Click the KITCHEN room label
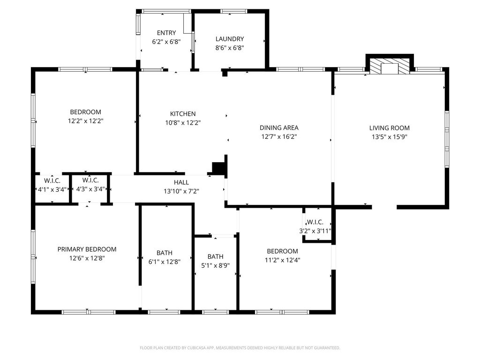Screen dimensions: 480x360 pyautogui.click(x=183, y=114)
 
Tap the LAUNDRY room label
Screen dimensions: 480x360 pyautogui.click(x=230, y=39)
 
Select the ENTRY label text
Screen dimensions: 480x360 pyautogui.click(x=166, y=33)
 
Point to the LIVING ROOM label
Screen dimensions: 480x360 pyautogui.click(x=389, y=128)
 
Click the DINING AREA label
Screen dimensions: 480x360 pyautogui.click(x=279, y=127)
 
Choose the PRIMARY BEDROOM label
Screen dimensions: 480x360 pyautogui.click(x=87, y=249)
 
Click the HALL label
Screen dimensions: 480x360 pyautogui.click(x=181, y=182)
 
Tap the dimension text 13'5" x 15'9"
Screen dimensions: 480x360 pyautogui.click(x=389, y=137)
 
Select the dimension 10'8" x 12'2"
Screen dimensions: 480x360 pyautogui.click(x=183, y=123)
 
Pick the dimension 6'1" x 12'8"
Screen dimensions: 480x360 pyautogui.click(x=165, y=262)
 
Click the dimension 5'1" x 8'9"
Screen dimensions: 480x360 pyautogui.click(x=215, y=265)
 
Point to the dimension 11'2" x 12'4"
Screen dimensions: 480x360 pyautogui.click(x=282, y=260)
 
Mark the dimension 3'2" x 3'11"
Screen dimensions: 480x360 pyautogui.click(x=315, y=231)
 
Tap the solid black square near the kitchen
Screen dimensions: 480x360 pyautogui.click(x=218, y=168)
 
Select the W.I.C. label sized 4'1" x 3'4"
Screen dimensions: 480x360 pyautogui.click(x=52, y=180)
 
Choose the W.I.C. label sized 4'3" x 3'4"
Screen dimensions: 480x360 pyautogui.click(x=90, y=180)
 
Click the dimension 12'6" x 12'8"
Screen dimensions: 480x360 pyautogui.click(x=87, y=258)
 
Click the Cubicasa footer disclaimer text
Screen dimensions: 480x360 pyautogui.click(x=240, y=348)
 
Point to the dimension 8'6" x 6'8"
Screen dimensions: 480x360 pyautogui.click(x=230, y=48)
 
